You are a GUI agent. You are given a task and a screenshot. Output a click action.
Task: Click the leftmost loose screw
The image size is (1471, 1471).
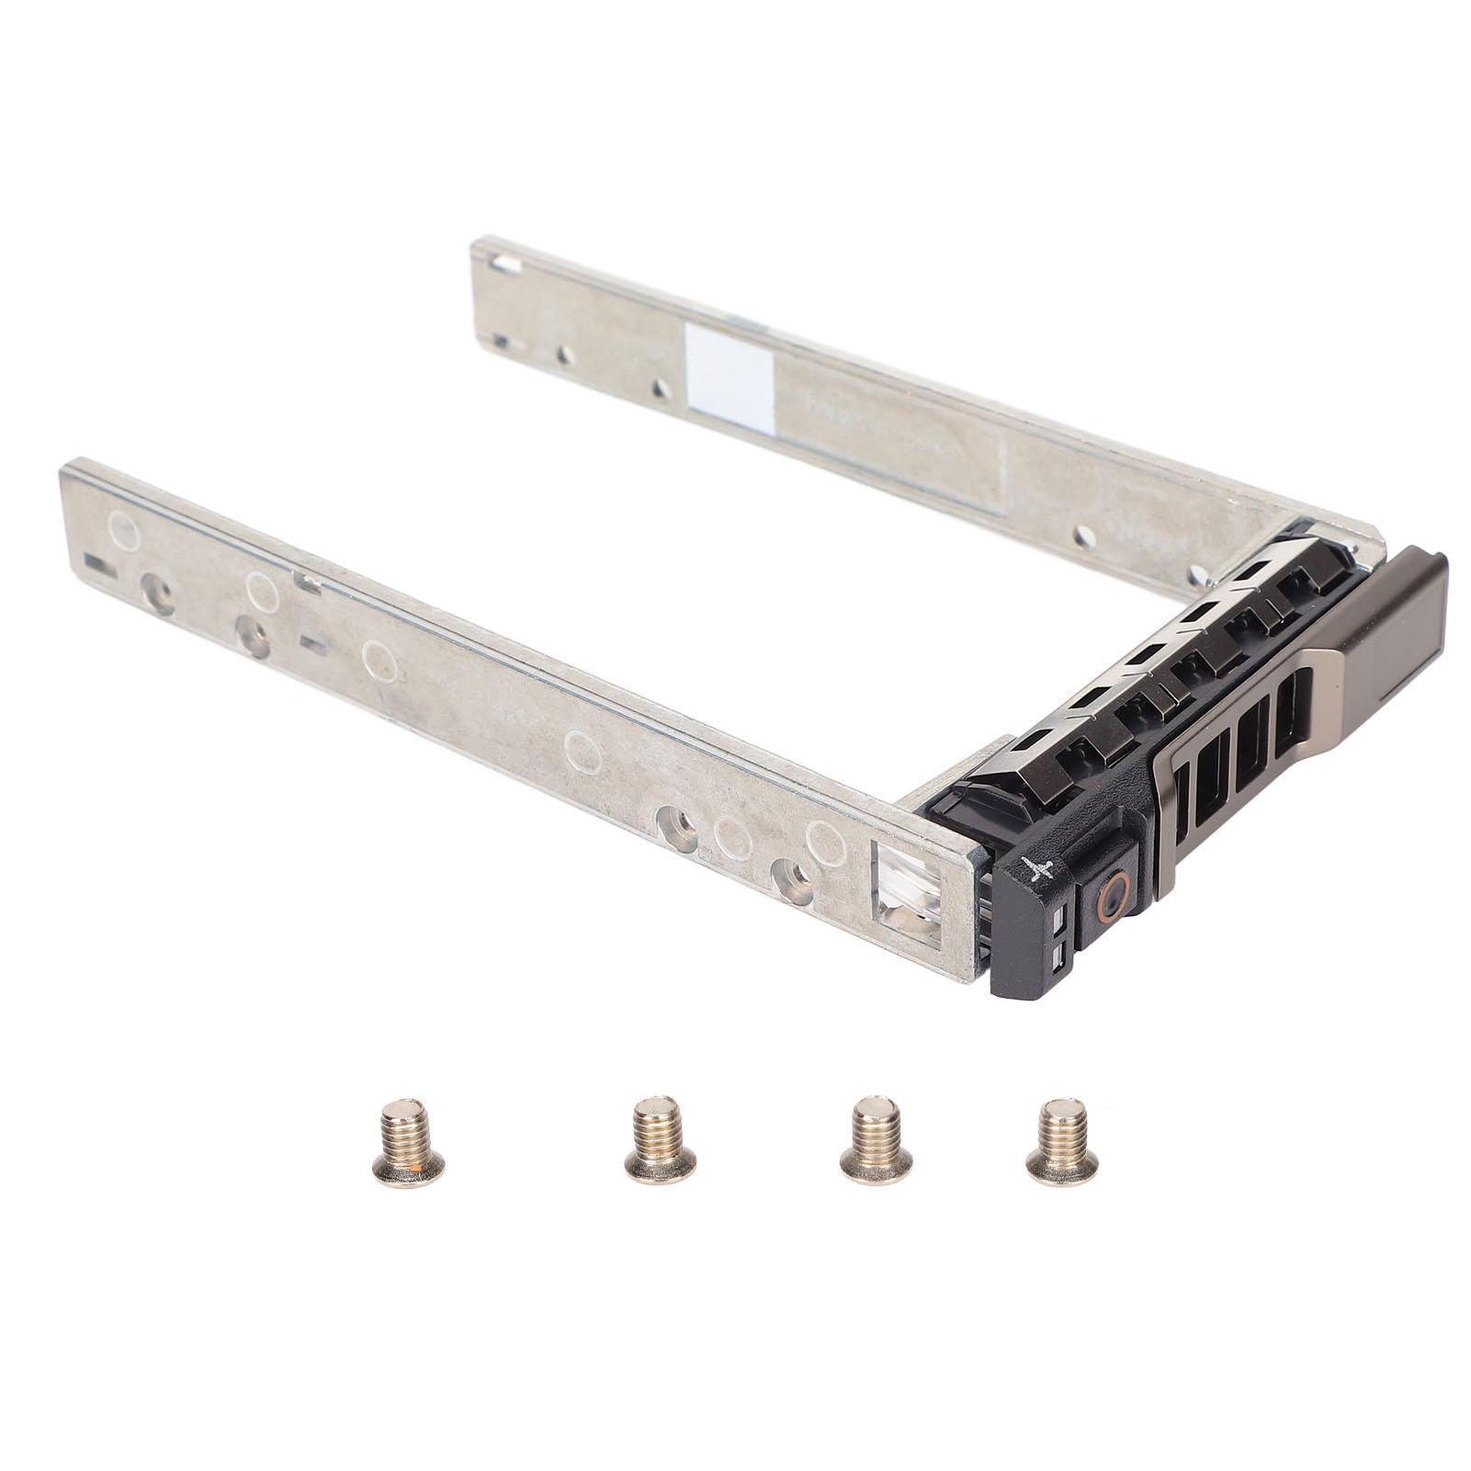click(x=409, y=1139)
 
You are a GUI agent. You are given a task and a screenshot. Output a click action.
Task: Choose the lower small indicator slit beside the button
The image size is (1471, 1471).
click(x=1059, y=957)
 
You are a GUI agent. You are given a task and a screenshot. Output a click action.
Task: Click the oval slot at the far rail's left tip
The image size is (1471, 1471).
click(x=503, y=266)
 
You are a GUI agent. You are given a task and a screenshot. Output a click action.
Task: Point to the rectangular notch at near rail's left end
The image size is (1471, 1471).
click(x=99, y=564)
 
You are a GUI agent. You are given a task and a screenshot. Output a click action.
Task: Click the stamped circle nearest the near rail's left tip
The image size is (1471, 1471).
click(x=124, y=530)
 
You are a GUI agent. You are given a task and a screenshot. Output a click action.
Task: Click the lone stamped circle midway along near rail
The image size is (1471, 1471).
click(x=583, y=751)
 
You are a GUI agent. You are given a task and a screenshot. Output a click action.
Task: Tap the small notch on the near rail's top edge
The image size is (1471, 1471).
click(x=307, y=581)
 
